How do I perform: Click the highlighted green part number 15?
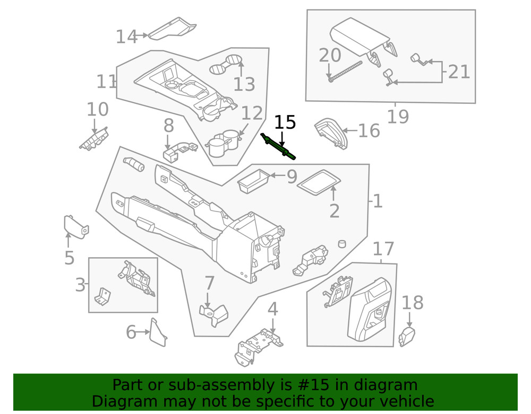point(278,147)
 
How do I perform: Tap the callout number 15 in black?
point(285,122)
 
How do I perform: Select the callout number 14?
point(126,37)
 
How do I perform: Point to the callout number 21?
point(459,71)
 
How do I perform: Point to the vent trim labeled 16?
point(330,133)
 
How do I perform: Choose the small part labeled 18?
point(407,337)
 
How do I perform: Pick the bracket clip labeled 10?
point(93,139)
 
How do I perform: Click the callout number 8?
point(168,126)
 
